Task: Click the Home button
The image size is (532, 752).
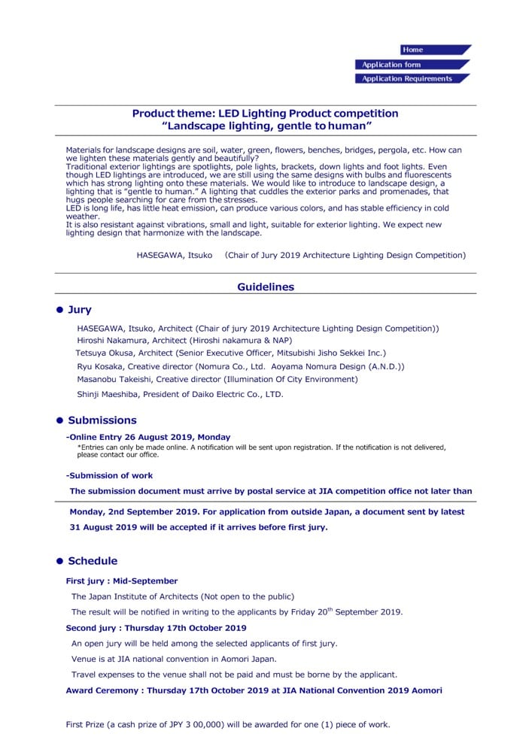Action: pyautogui.click(x=413, y=50)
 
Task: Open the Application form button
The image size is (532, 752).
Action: pyautogui.click(x=391, y=65)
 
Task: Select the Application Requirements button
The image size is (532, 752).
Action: pyautogui.click(x=407, y=79)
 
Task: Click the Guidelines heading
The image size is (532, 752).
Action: pyautogui.click(x=266, y=287)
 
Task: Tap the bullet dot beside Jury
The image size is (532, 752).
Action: pyautogui.click(x=59, y=310)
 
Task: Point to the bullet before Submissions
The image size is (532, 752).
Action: pyautogui.click(x=59, y=420)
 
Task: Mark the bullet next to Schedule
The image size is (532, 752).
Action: pyautogui.click(x=59, y=561)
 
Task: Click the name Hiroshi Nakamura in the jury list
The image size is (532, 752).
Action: pyautogui.click(x=109, y=341)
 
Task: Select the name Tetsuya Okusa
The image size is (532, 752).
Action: pyautogui.click(x=106, y=353)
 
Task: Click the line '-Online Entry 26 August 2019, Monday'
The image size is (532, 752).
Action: pyautogui.click(x=148, y=437)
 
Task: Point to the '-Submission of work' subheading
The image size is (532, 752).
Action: pyautogui.click(x=109, y=475)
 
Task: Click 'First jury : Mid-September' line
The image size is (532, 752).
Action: pyautogui.click(x=122, y=581)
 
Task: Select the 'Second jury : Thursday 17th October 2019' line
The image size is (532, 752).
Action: pyautogui.click(x=156, y=628)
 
